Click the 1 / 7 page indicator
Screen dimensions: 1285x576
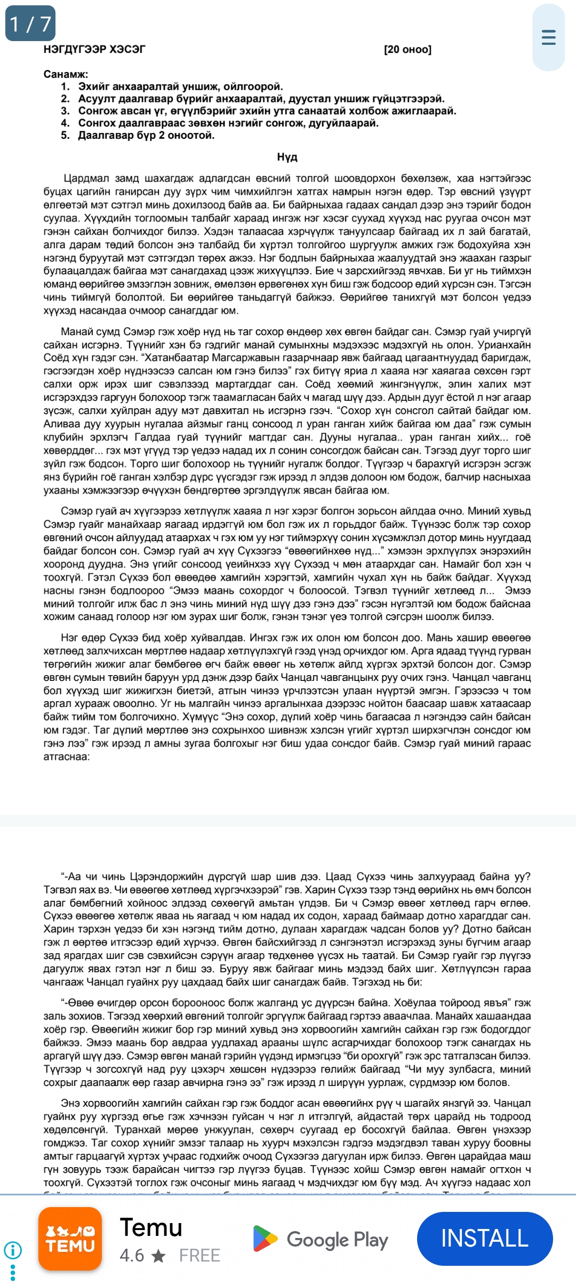(30, 23)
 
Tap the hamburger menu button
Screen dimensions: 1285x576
(548, 37)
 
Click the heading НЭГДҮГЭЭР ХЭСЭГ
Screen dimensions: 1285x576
(94, 50)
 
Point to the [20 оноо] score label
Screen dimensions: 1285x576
(407, 50)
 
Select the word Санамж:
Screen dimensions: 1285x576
(66, 74)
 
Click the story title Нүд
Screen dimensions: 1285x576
(287, 157)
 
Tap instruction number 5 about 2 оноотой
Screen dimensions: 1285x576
(146, 136)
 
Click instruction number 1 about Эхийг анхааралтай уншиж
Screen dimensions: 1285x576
(180, 86)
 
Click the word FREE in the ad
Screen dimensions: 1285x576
(199, 1255)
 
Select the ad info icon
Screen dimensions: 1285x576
(13, 1250)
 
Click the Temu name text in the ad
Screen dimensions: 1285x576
(151, 1227)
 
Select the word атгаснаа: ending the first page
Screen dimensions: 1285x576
(67, 757)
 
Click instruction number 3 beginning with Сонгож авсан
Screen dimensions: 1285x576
(267, 111)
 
